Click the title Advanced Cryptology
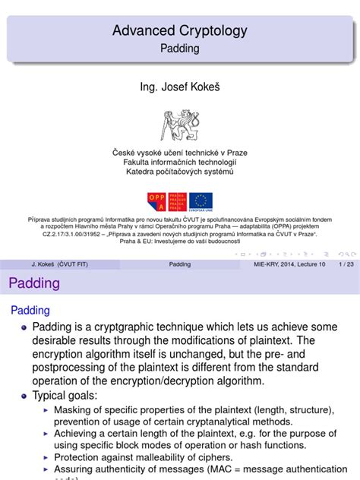(179, 31)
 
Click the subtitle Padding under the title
(179, 48)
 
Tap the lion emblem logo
(179, 124)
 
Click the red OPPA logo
(156, 201)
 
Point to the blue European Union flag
(201, 201)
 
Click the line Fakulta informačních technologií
(179, 162)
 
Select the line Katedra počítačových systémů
(179, 171)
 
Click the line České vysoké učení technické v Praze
(179, 153)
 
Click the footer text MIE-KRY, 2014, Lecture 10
(289, 264)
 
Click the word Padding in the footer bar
(179, 264)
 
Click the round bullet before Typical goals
(23, 396)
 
